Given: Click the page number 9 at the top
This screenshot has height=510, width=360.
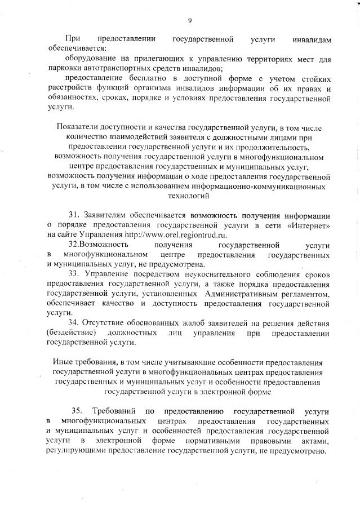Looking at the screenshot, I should (190, 21).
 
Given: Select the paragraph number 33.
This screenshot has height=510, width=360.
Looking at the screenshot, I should (74, 273).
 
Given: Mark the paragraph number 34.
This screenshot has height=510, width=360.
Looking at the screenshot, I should (74, 322).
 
